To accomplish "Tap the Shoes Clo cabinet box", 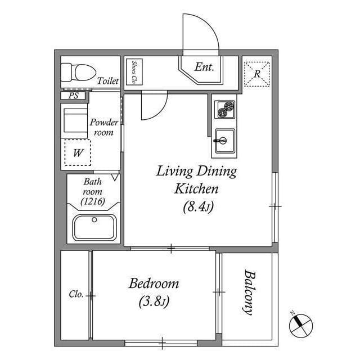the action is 134,72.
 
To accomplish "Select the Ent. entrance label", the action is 204,67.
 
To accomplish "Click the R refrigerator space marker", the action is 256,74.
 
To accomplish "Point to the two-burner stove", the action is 225,109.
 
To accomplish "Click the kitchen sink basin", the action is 225,141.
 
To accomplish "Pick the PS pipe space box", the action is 73,96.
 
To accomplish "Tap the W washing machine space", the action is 78,152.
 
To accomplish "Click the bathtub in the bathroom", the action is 94,227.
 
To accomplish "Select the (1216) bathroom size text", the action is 93,201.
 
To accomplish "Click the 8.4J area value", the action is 199,206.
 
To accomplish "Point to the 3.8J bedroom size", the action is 154,301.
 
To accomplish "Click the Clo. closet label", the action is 76,294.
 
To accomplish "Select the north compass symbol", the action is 301,325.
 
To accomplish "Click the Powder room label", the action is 103,127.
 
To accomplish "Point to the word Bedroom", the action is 154,283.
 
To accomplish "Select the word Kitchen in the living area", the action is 196,189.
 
